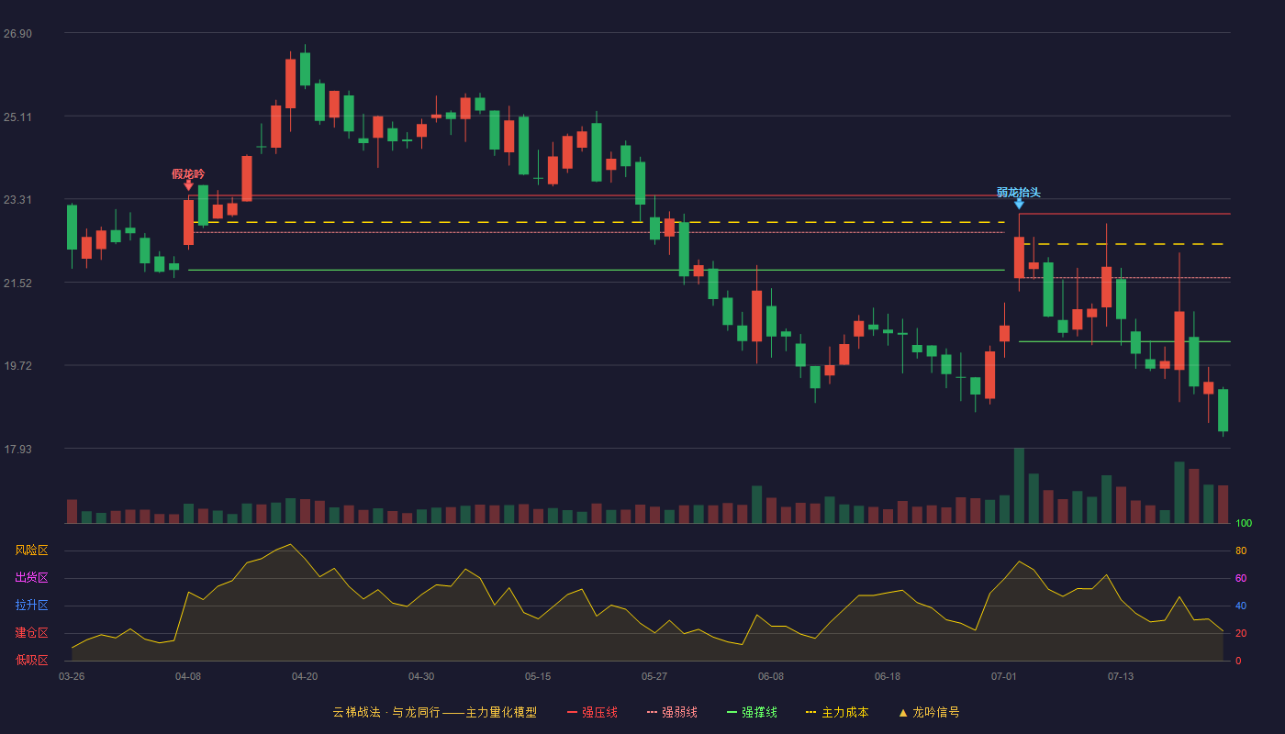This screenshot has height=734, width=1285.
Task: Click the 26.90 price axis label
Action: coord(17,34)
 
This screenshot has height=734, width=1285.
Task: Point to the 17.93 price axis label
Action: coord(17,449)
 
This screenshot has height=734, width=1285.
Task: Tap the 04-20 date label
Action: coord(305,677)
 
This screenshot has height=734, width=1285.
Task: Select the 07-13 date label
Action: coord(1121,677)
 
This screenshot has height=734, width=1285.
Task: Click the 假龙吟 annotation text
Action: coord(188,173)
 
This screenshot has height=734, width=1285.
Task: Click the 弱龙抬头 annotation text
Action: coord(1018,192)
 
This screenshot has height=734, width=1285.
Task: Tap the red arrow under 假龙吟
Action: coord(188,185)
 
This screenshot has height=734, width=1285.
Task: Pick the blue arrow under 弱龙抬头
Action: coord(1019,204)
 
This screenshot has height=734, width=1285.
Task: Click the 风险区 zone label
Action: coord(31,550)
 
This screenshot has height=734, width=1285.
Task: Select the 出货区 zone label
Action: coord(31,577)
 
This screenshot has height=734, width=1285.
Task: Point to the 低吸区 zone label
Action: coord(31,660)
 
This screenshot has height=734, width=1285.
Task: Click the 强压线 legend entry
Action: coord(592,712)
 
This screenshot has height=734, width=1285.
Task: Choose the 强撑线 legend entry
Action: coord(752,712)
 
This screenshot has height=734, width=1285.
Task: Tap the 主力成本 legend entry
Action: coord(837,712)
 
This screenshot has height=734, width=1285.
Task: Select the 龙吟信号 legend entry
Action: coord(929,712)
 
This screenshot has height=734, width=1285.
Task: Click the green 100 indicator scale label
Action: coord(1244,523)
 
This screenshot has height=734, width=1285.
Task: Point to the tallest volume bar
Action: coord(1019,485)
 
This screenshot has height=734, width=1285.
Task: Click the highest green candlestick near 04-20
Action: coord(305,69)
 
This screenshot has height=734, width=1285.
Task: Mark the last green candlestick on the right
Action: coord(1223,411)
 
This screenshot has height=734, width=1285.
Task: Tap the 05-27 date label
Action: coord(654,677)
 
